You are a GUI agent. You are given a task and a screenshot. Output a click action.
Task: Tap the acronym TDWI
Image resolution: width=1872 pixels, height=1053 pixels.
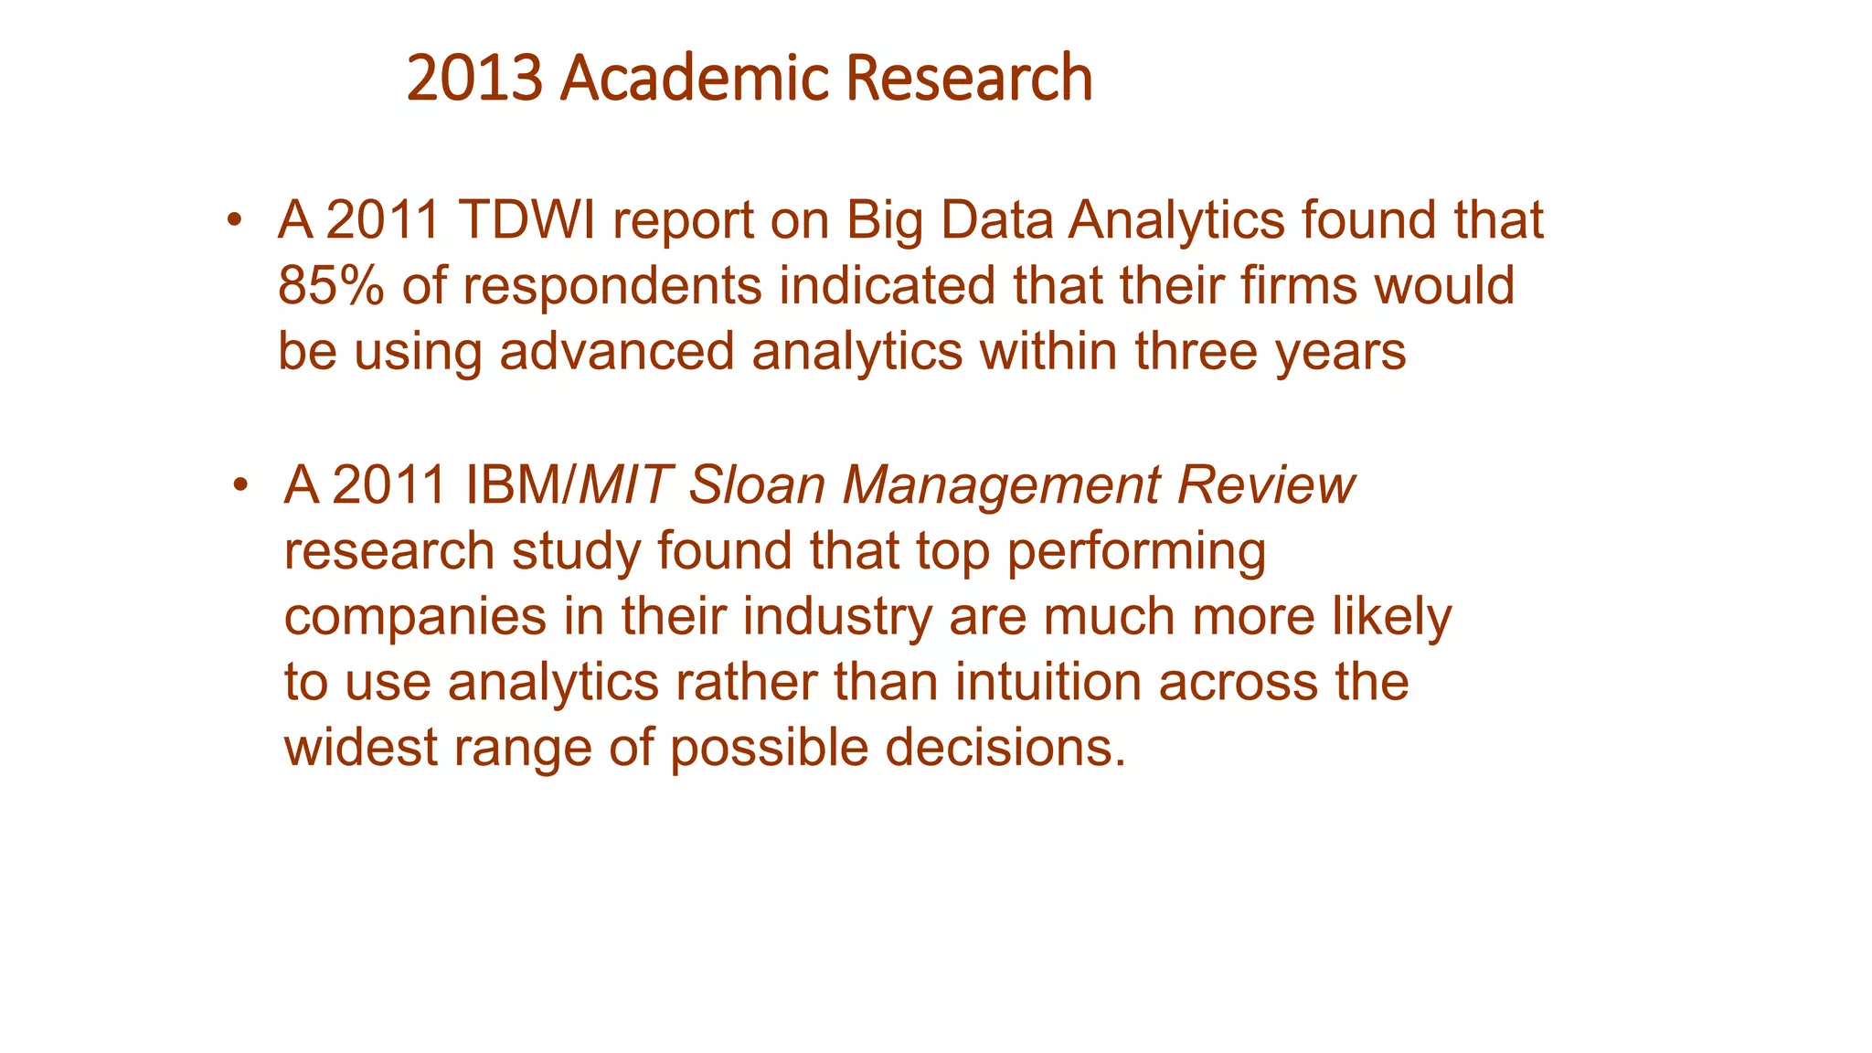pyautogui.click(x=526, y=220)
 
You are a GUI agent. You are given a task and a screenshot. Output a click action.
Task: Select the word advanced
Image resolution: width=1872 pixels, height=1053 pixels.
pyautogui.click(x=617, y=352)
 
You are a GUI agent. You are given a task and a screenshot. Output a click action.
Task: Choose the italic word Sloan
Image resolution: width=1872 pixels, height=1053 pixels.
pyautogui.click(x=757, y=484)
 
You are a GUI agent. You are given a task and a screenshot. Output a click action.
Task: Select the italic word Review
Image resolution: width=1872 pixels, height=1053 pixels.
pyautogui.click(x=1265, y=484)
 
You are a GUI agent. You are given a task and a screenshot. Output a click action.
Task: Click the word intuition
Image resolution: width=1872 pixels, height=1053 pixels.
pyautogui.click(x=1048, y=683)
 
